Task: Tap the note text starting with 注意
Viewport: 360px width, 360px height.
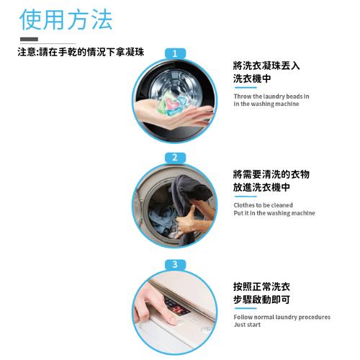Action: pyautogui.click(x=81, y=53)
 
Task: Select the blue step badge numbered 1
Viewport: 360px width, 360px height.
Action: pyautogui.click(x=175, y=53)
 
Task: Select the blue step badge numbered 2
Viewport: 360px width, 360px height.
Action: pyautogui.click(x=175, y=158)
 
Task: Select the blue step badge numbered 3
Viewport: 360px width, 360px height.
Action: pyautogui.click(x=175, y=265)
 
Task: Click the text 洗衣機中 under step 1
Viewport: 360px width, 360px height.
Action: pyautogui.click(x=251, y=78)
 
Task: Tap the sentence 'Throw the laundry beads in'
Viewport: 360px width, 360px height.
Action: pyautogui.click(x=271, y=96)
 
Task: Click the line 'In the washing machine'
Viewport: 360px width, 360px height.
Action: pyautogui.click(x=266, y=104)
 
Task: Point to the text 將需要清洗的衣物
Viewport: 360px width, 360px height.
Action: pyautogui.click(x=271, y=174)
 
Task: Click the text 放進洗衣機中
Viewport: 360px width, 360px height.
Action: pyautogui.click(x=261, y=187)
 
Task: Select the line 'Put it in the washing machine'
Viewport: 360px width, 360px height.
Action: pyautogui.click(x=274, y=213)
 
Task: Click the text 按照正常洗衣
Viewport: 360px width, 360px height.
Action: pyautogui.click(x=261, y=286)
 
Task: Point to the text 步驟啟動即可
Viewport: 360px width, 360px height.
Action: pyautogui.click(x=261, y=299)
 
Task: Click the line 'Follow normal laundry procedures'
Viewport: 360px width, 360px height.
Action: pyautogui.click(x=282, y=317)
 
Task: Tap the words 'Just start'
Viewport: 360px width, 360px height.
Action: pyautogui.click(x=247, y=325)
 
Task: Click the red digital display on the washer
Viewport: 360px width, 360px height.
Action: pyautogui.click(x=176, y=308)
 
